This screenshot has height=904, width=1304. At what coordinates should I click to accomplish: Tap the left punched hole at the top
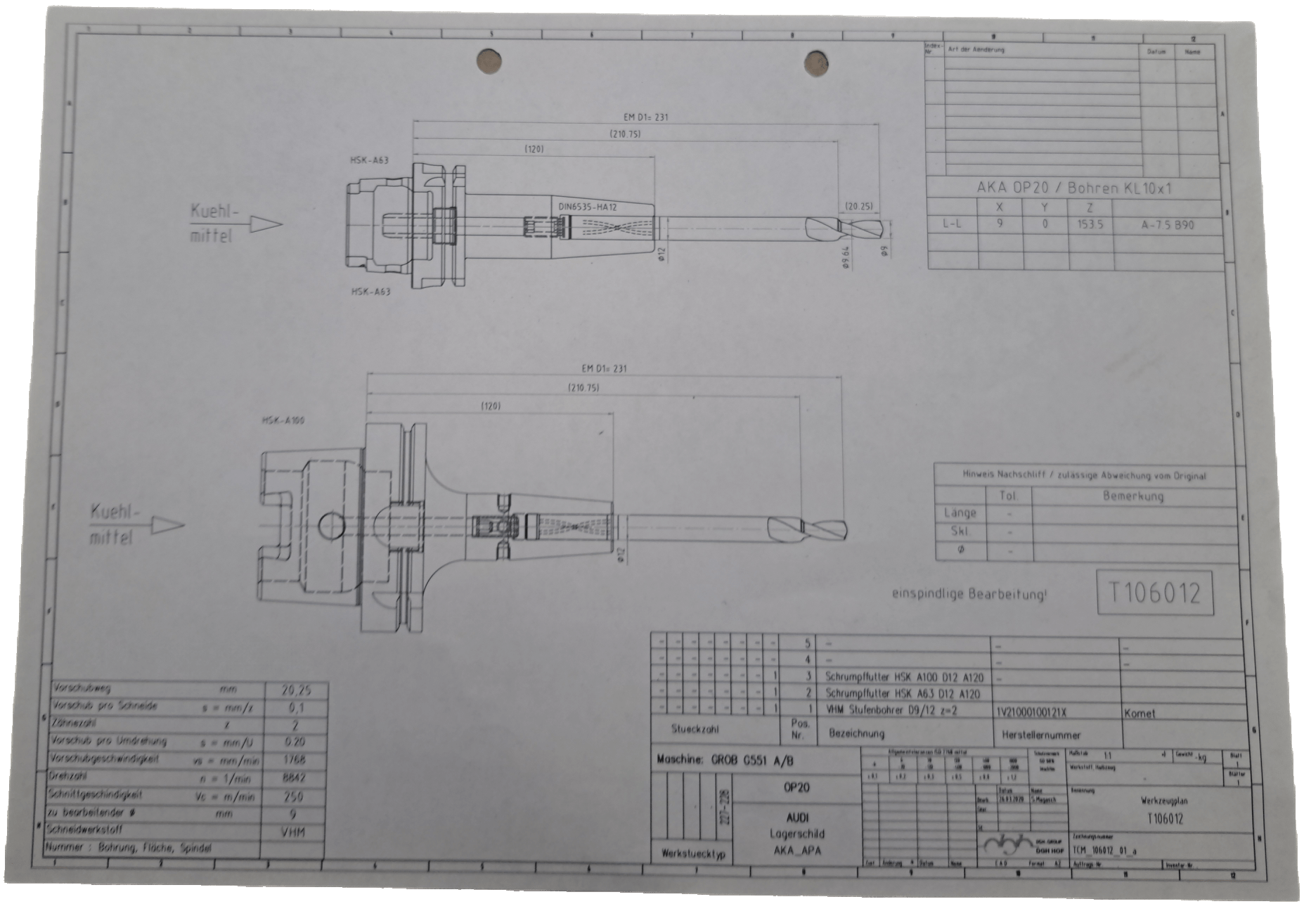tap(489, 61)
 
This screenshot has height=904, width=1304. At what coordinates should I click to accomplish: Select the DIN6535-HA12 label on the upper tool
tap(588, 207)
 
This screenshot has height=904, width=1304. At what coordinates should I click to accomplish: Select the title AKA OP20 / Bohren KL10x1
tap(1073, 188)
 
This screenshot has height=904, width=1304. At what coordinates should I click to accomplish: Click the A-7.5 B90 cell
tap(1168, 226)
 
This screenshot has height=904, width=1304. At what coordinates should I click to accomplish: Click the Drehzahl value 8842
tap(295, 778)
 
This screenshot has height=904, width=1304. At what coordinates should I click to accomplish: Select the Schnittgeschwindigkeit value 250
tap(294, 796)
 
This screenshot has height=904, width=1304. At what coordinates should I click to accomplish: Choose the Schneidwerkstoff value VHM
tap(293, 832)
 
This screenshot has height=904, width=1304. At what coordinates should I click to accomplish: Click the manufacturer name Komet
tap(1140, 713)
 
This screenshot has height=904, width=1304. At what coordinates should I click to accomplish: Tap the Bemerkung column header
tap(1132, 496)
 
